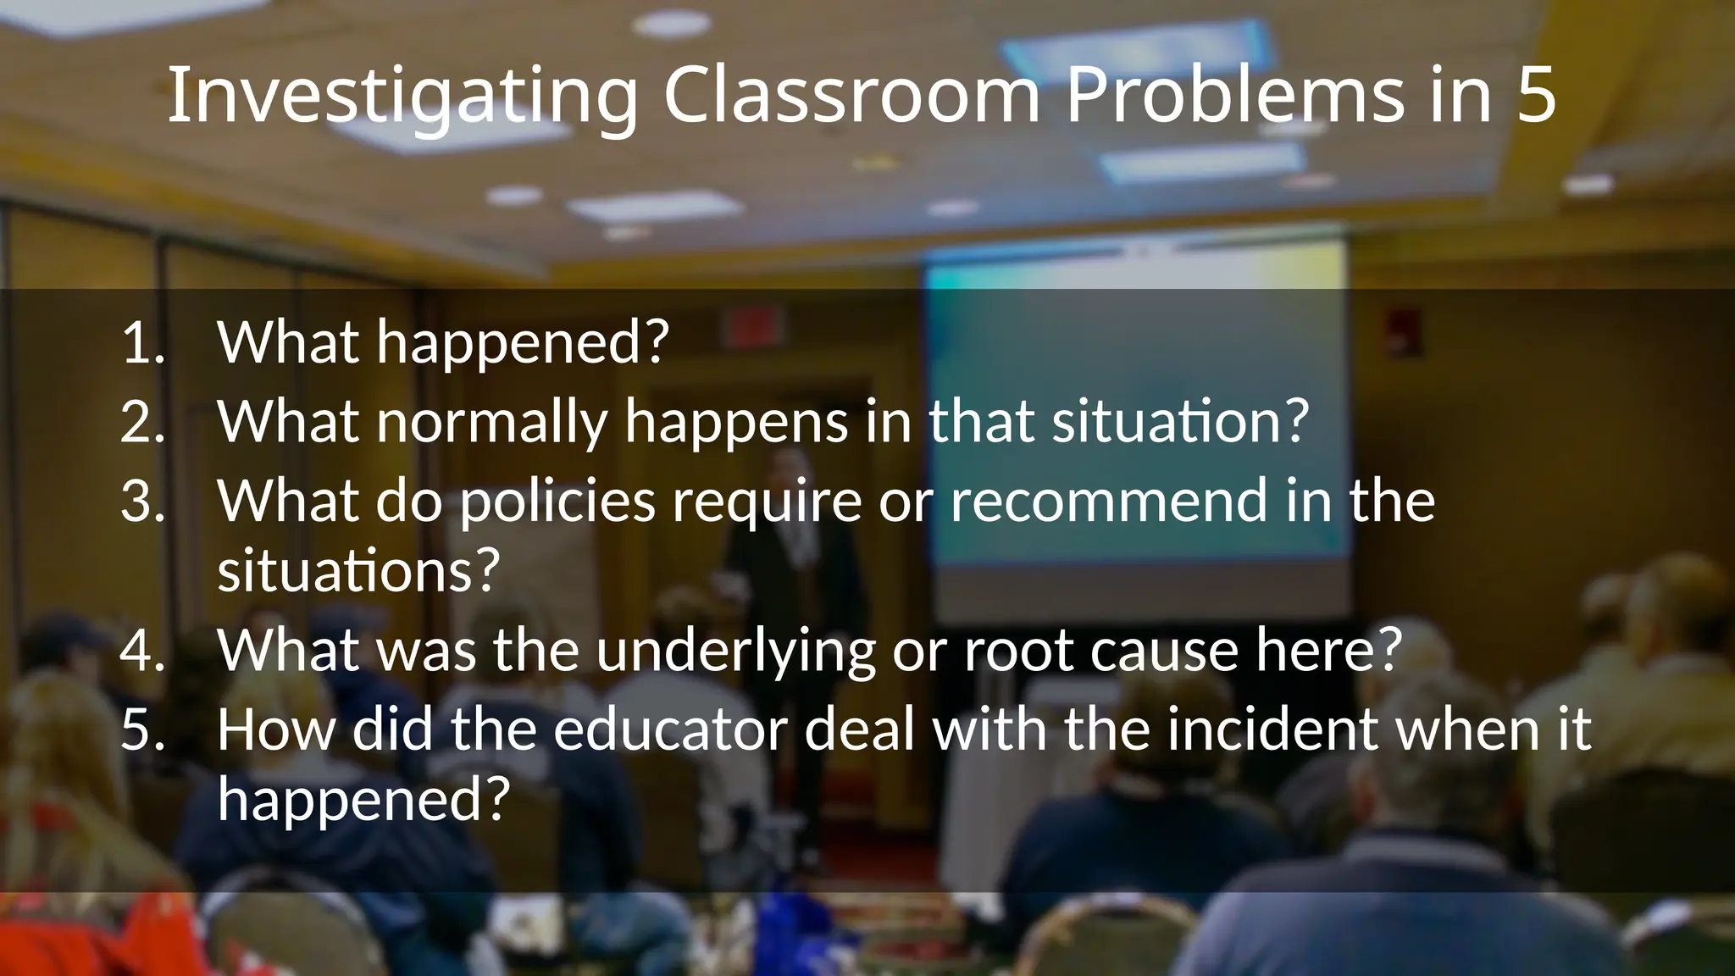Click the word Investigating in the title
pos(402,96)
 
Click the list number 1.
pos(142,342)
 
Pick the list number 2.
pos(142,421)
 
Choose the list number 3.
pos(142,500)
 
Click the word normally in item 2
pos(492,421)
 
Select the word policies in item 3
pos(557,502)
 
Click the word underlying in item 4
pos(734,652)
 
